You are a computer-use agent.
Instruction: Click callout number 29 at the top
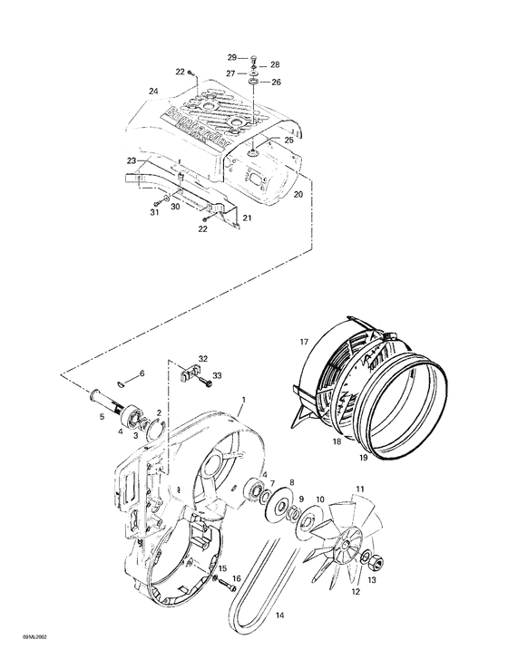(x=230, y=57)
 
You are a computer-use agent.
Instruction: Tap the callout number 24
(x=153, y=91)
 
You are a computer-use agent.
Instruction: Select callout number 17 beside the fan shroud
(x=306, y=342)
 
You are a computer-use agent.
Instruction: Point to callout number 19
(x=362, y=460)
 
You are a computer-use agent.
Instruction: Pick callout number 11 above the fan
(x=360, y=490)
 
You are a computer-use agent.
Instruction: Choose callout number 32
(x=203, y=359)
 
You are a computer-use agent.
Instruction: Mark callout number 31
(x=154, y=213)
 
